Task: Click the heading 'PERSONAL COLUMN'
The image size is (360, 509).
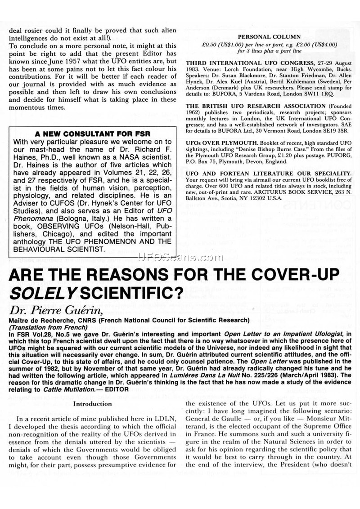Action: point(270,38)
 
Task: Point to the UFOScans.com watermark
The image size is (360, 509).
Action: point(180,258)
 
